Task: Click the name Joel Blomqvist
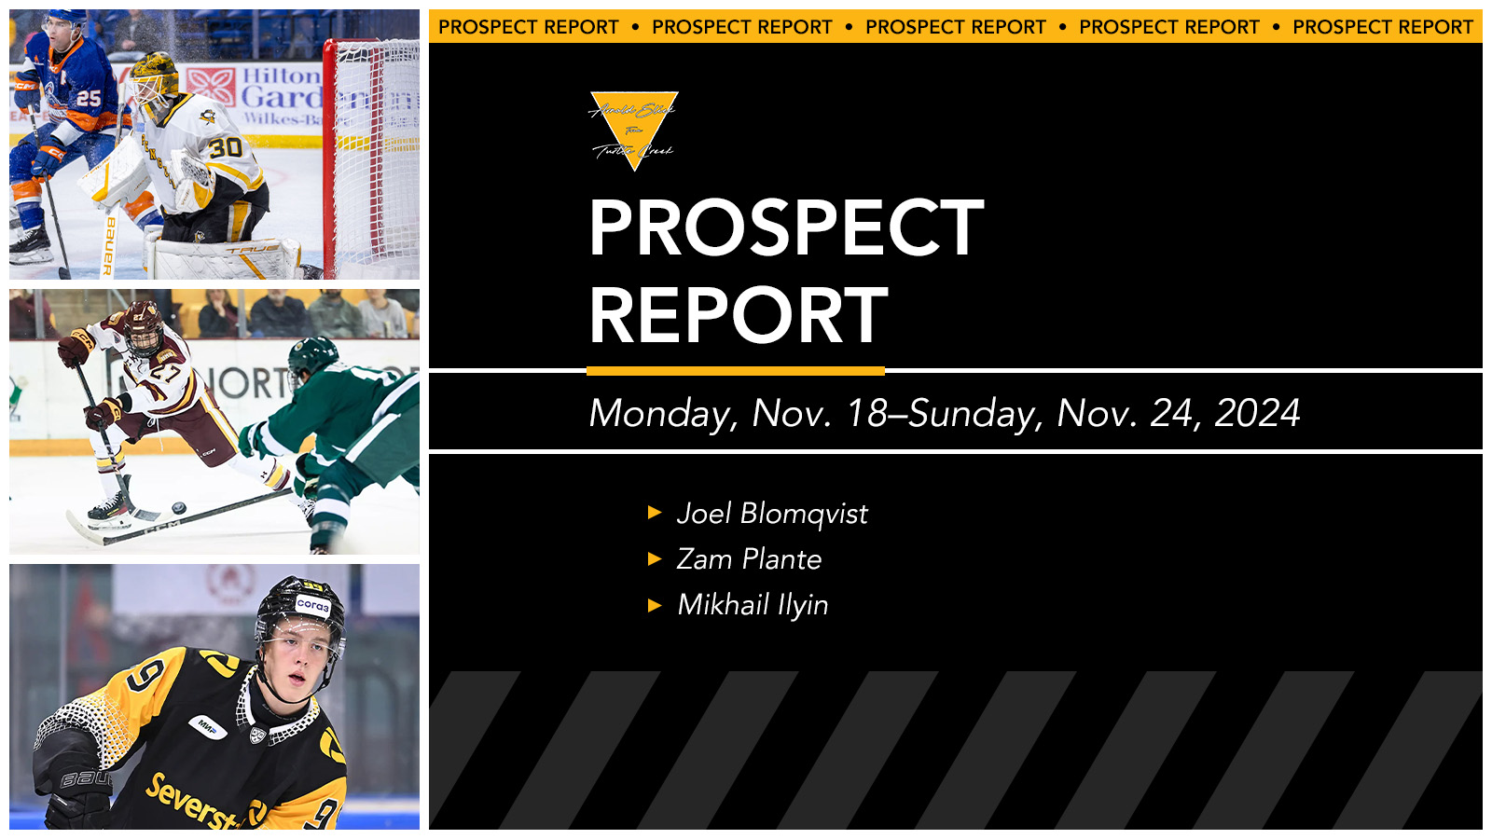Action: click(x=772, y=514)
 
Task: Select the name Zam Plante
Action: click(x=749, y=559)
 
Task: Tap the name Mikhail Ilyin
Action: click(x=753, y=605)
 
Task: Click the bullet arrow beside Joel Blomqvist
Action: click(x=655, y=513)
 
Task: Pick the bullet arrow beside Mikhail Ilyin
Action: click(x=655, y=605)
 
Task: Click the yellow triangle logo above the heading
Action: click(x=634, y=126)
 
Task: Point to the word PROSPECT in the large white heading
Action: click(x=786, y=228)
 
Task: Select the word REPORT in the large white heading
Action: click(x=738, y=315)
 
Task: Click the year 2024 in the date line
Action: click(x=1257, y=413)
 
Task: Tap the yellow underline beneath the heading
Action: click(x=736, y=371)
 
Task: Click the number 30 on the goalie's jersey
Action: click(x=225, y=146)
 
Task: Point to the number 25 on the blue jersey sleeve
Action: click(x=89, y=98)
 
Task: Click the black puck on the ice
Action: click(x=179, y=508)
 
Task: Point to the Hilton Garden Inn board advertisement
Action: click(x=270, y=93)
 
